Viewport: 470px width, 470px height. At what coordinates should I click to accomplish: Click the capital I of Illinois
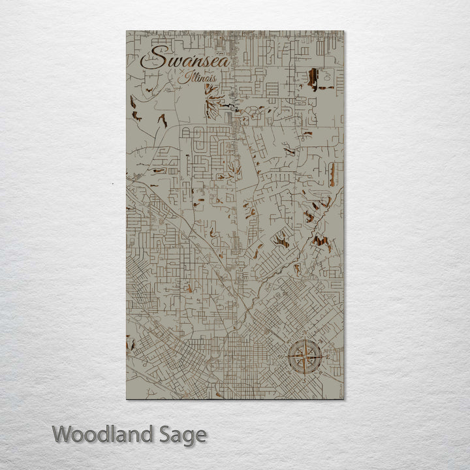coord(187,77)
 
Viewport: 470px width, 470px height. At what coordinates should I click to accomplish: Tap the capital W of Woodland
coord(62,433)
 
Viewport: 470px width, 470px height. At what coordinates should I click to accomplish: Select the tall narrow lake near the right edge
coord(332,174)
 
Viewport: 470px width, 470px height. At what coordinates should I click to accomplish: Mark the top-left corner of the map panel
coord(126,31)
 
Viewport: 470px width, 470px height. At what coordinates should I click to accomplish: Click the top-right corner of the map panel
coord(344,31)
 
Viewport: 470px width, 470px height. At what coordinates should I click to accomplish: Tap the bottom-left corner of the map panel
coord(126,399)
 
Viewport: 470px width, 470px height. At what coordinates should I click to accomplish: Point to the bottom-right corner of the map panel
coord(344,399)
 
